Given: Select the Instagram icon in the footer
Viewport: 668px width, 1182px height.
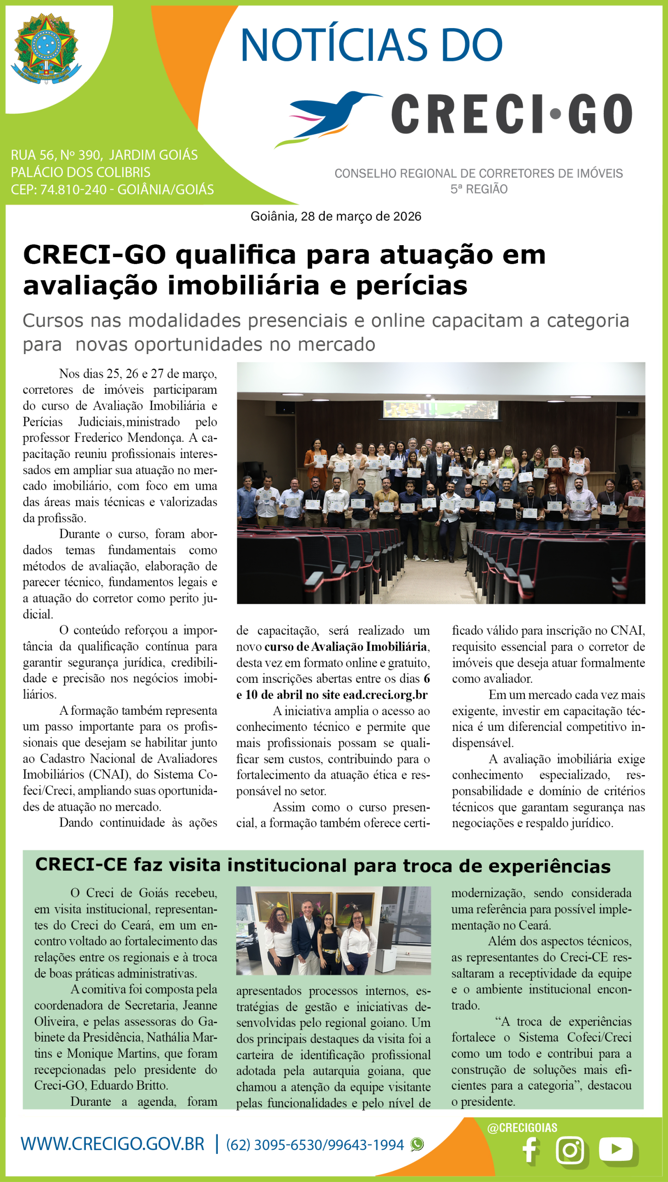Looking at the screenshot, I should [570, 1150].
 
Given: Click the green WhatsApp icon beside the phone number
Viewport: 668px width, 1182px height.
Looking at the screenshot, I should [417, 1145].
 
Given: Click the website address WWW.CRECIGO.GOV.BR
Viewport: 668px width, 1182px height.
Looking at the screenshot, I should [113, 1144].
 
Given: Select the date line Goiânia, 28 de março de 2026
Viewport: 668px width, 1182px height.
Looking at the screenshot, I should [336, 216].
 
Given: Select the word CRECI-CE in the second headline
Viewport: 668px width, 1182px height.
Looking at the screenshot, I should [81, 864].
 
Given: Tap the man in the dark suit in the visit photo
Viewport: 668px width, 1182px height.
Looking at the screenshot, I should [306, 934].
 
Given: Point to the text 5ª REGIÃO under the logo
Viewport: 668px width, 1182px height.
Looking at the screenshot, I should [479, 189].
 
